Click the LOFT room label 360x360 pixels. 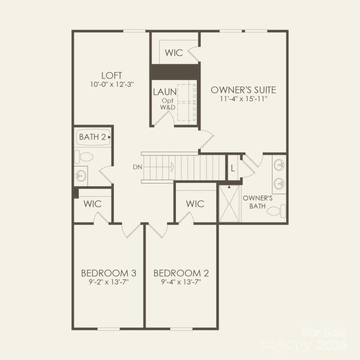click(x=112, y=75)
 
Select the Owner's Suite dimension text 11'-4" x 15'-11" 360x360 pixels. click(x=243, y=99)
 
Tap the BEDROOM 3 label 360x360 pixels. click(x=108, y=273)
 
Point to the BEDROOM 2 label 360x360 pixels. click(x=181, y=273)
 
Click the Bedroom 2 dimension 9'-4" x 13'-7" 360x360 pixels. click(x=181, y=282)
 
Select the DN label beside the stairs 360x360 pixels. click(x=137, y=167)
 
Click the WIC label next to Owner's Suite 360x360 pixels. click(x=173, y=53)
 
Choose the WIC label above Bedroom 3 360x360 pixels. click(x=92, y=204)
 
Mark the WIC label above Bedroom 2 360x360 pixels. click(x=195, y=204)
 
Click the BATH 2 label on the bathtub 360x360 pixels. click(x=92, y=137)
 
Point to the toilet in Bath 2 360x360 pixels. click(x=84, y=157)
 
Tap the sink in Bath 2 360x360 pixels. click(x=82, y=175)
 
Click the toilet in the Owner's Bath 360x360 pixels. click(x=282, y=210)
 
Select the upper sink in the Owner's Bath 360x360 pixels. click(x=279, y=165)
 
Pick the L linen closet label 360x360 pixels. click(x=232, y=168)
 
